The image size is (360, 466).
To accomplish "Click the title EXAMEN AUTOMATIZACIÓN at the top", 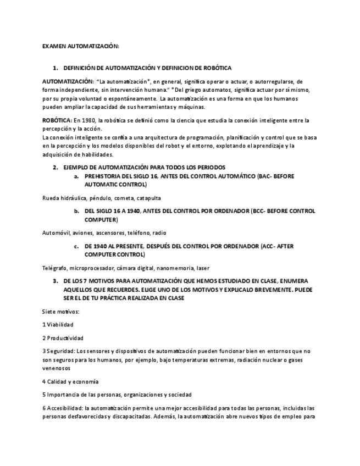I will point(80,46).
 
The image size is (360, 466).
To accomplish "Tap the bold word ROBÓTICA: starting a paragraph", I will point(57,120).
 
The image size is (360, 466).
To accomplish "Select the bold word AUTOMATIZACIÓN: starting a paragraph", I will point(68,81).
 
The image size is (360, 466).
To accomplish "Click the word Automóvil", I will point(56,233).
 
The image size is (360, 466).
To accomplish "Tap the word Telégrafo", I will point(55,268).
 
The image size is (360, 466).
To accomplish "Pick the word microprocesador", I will point(92,268).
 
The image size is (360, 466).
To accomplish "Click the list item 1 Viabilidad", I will point(58,325).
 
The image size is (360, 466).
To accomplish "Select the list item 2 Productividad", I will point(63,338).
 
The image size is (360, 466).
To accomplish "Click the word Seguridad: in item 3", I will point(61,351).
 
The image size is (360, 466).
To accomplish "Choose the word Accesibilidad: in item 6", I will point(65,408).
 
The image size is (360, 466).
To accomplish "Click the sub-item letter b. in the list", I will point(77,210).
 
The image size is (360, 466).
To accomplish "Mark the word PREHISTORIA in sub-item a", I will point(103,176).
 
